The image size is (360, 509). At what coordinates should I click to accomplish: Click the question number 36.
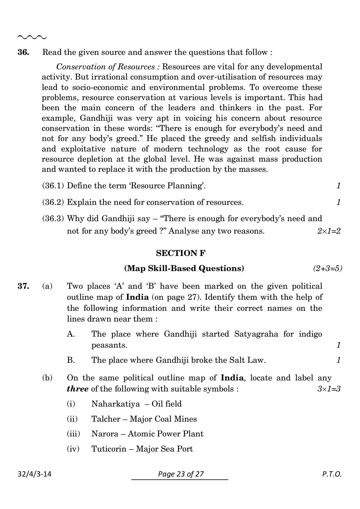(x=23, y=53)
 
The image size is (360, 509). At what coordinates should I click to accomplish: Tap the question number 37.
(x=23, y=286)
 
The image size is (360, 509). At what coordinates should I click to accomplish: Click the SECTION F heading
(x=181, y=253)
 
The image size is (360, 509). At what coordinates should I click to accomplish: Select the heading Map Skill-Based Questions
(x=184, y=268)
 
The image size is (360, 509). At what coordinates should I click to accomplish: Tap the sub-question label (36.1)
(x=53, y=186)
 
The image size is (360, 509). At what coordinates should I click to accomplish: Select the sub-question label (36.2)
(x=53, y=202)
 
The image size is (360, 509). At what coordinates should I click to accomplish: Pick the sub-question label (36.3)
(x=53, y=219)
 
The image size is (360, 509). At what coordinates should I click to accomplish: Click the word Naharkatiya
(x=115, y=404)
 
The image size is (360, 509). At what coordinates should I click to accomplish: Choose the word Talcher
(x=104, y=419)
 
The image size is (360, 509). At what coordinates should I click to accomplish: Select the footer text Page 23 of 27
(x=181, y=474)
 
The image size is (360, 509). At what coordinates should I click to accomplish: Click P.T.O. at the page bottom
(x=332, y=474)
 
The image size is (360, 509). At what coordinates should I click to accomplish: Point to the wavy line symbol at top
(x=32, y=37)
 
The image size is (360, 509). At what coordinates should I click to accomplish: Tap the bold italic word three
(x=77, y=389)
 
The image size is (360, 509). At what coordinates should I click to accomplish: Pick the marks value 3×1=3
(x=329, y=389)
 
